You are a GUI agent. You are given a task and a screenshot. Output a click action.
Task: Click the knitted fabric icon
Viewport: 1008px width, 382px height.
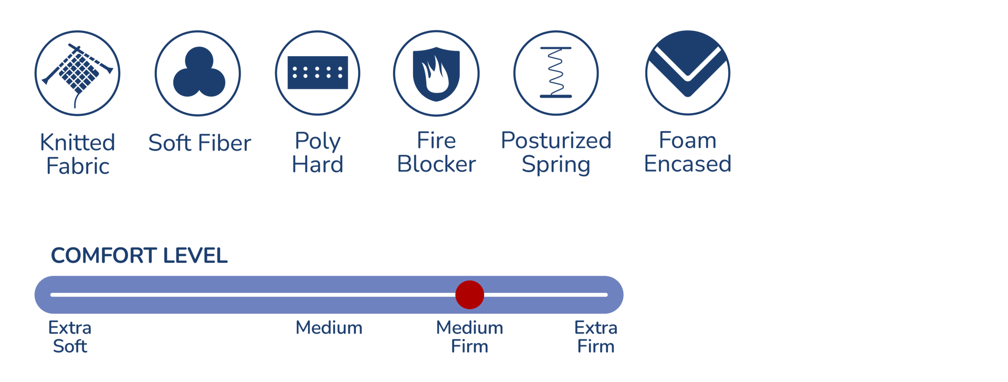coord(77,73)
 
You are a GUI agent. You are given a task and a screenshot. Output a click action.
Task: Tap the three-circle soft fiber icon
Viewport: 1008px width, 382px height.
coord(198,73)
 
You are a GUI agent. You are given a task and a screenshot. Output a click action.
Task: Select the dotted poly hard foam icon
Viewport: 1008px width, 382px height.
coord(318,73)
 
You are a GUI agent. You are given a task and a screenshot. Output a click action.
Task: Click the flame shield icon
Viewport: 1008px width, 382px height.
coord(436,73)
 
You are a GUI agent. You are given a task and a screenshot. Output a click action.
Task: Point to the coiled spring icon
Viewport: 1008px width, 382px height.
coord(556,73)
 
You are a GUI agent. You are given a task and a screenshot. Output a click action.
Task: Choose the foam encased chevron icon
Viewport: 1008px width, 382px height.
coord(687,73)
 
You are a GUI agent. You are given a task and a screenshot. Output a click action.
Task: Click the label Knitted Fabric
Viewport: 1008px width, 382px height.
coord(78,154)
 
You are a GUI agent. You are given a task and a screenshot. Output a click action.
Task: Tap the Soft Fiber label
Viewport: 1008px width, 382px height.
coord(199,143)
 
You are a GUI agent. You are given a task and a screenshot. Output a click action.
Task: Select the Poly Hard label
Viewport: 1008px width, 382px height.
coord(318,153)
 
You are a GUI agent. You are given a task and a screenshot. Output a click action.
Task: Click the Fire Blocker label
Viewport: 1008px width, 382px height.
coord(436,152)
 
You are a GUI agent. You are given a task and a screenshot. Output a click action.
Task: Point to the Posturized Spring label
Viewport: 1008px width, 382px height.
coord(556,152)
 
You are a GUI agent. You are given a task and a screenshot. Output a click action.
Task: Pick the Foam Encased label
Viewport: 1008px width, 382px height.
coord(688,152)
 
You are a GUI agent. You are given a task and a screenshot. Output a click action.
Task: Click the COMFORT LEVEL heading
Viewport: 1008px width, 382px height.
coord(139,256)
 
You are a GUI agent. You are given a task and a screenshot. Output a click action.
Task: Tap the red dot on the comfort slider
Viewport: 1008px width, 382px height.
coord(469,295)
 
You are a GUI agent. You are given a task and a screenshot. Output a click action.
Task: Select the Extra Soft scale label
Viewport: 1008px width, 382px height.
coord(70,337)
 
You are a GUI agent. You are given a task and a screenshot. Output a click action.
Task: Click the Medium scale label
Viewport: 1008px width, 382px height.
coord(329,328)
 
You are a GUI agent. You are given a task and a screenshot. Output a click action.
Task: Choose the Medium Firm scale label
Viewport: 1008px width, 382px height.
coord(469,337)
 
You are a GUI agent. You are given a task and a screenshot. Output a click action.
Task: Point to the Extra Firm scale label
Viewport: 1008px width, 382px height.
coord(596,337)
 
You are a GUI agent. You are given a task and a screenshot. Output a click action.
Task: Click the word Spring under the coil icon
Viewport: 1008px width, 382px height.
coord(556,165)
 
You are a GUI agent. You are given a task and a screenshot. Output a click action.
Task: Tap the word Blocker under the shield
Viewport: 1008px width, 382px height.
coord(436,164)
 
